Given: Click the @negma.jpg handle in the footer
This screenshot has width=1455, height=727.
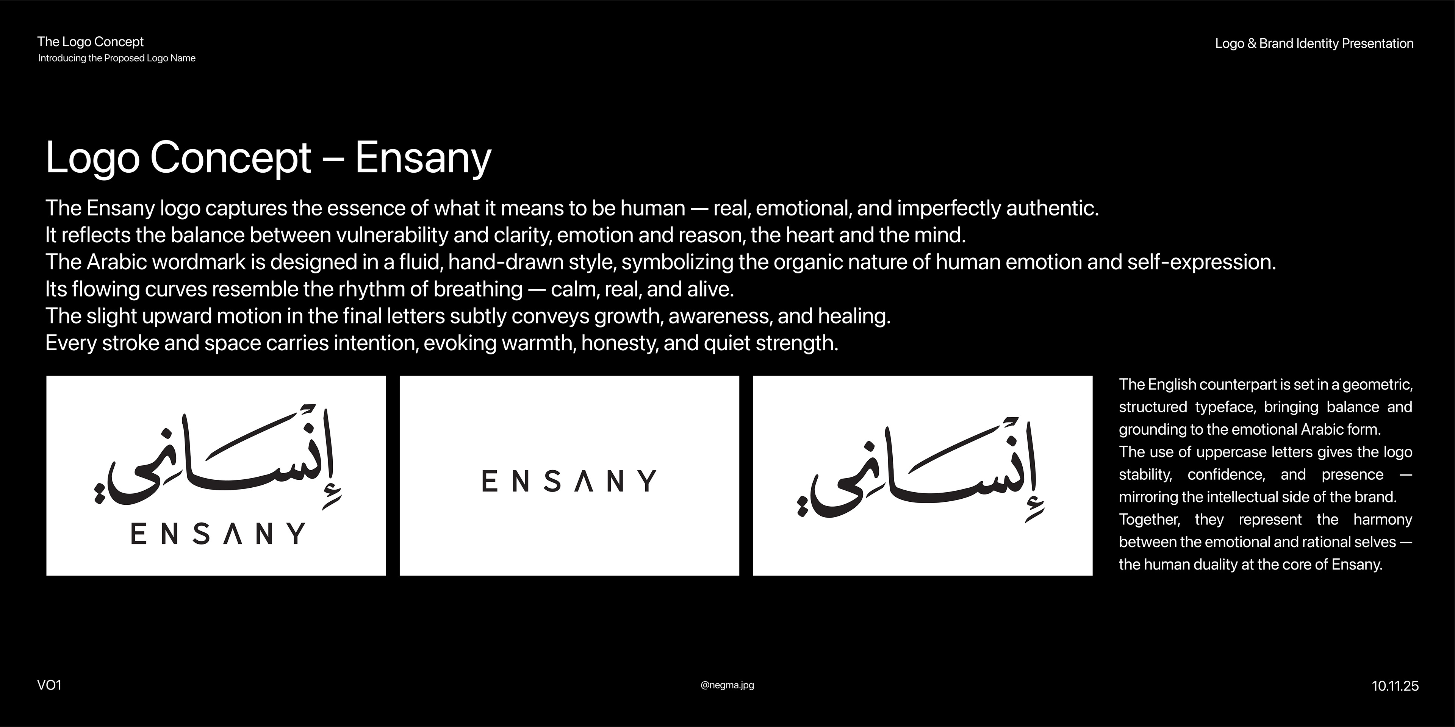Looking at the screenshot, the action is pyautogui.click(x=727, y=685).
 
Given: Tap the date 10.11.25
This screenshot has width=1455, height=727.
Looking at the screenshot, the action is pyautogui.click(x=1395, y=686).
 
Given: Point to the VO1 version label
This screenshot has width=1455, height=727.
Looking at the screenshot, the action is pyautogui.click(x=49, y=685).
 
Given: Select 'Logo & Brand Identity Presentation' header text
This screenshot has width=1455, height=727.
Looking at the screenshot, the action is pyautogui.click(x=1314, y=44).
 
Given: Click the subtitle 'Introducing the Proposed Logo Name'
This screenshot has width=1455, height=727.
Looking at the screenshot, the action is pyautogui.click(x=117, y=58).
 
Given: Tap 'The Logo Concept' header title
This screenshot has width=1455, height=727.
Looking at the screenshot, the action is pyautogui.click(x=91, y=42).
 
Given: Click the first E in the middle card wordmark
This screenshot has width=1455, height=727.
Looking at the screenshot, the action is pyautogui.click(x=489, y=481).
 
